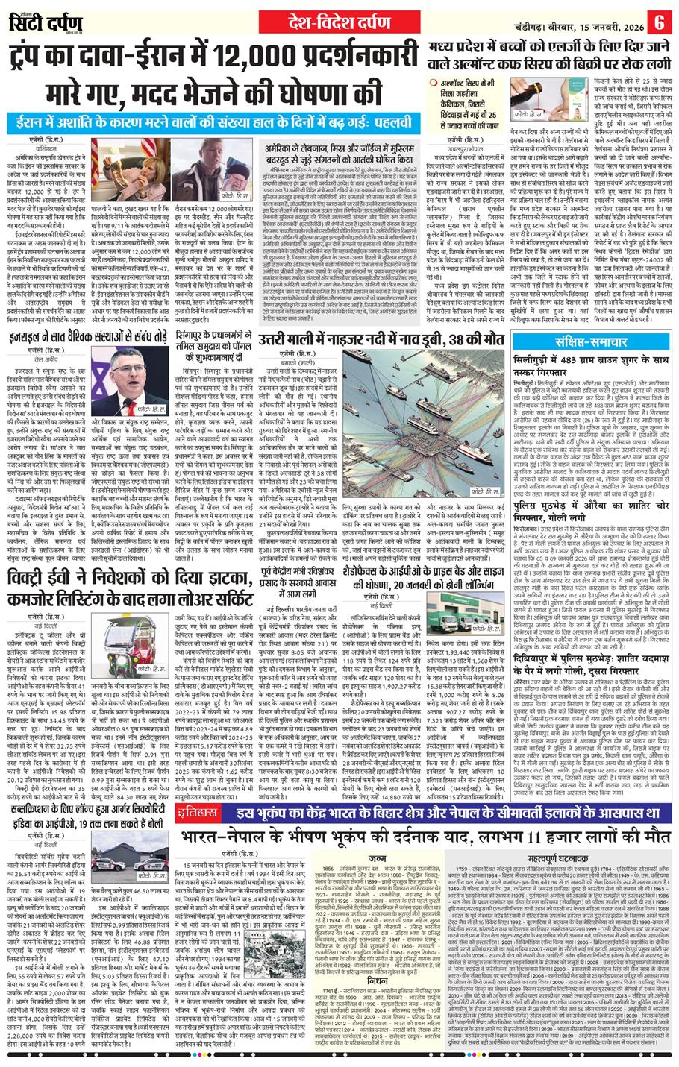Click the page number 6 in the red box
pyautogui.click(x=660, y=20)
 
